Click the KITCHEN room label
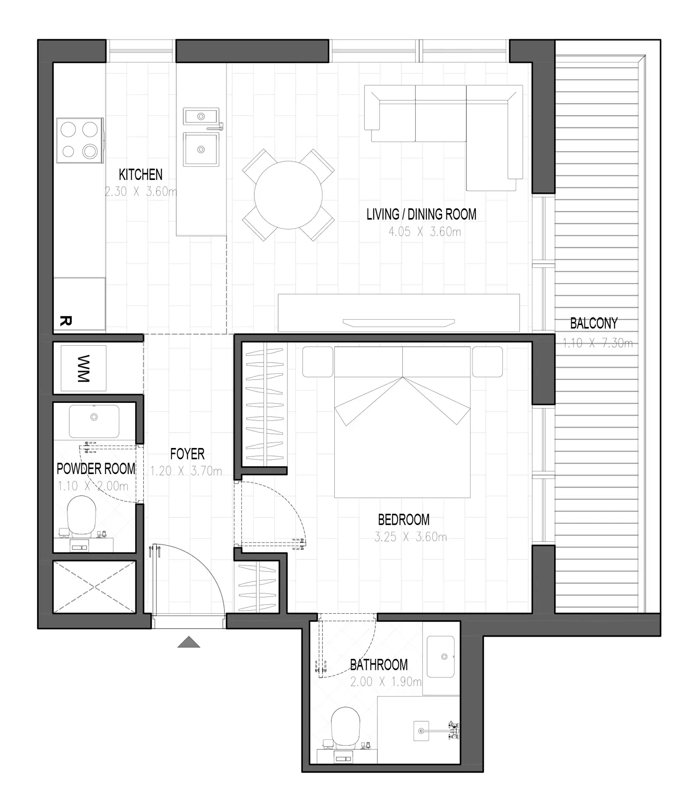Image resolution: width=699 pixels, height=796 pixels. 141,175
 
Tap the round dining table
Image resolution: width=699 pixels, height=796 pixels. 288,195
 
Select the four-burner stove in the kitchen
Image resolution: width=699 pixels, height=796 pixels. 80,140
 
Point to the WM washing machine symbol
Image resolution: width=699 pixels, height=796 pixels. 83,368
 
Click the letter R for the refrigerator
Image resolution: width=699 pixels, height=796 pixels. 65,321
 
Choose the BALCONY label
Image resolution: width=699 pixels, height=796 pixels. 594,323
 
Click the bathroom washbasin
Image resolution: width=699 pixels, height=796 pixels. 441,656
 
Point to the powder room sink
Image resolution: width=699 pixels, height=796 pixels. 94,421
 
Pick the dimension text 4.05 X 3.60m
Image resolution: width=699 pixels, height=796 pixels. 424,232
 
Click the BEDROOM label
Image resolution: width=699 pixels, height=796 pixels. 404,519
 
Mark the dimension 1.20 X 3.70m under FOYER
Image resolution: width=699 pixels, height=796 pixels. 186,471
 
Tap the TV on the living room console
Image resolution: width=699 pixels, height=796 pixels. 399,322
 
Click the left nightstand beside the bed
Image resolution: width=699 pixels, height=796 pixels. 317,362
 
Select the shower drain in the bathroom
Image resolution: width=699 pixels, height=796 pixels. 421,731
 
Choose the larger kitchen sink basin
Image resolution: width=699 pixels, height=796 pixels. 201,149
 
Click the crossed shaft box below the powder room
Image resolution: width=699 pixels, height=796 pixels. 94,587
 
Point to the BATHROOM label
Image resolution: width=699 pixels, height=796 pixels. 379,665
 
